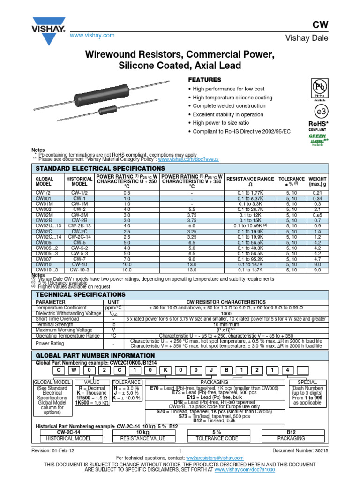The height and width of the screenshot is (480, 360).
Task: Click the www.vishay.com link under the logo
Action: point(92,36)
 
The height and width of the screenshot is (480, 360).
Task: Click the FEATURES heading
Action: point(204,80)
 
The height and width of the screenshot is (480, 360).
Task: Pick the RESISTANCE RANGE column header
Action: point(250,179)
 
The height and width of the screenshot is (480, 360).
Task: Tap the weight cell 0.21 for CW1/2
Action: point(317,193)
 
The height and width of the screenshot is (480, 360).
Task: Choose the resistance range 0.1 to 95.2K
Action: point(250,259)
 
